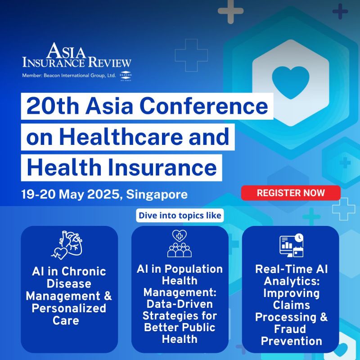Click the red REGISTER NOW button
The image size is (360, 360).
[291, 193]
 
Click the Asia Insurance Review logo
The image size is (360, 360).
[77, 56]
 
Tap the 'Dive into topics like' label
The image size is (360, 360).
[180, 216]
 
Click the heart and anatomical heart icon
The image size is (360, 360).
[69, 246]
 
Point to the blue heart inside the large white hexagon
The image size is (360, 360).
[291, 80]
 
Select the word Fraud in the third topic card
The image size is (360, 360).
[291, 329]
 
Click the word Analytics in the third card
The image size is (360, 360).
[291, 282]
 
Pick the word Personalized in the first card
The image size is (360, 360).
[69, 308]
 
